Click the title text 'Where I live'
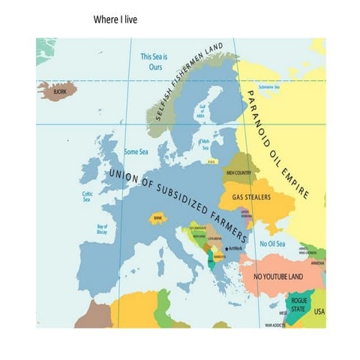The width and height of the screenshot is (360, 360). tap(115, 18)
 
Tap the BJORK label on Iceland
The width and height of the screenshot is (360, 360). tap(58, 91)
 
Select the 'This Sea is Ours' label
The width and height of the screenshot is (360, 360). tap(154, 61)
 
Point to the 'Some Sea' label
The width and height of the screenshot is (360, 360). tap(136, 151)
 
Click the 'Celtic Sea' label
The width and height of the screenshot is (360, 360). tap(87, 196)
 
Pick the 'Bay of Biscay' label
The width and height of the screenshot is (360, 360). tap(103, 229)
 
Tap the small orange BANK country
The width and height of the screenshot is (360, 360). tap(157, 218)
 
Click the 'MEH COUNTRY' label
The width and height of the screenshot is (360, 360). tap(238, 172)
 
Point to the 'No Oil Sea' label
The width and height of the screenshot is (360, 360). tap(271, 244)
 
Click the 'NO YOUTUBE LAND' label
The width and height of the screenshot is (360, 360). tap(277, 277)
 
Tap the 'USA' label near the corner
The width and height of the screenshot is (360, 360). tap(319, 311)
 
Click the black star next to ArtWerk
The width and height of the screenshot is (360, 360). tap(226, 247)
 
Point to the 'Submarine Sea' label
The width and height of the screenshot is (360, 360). tap(268, 87)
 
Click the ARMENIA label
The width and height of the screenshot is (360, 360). tap(317, 263)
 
